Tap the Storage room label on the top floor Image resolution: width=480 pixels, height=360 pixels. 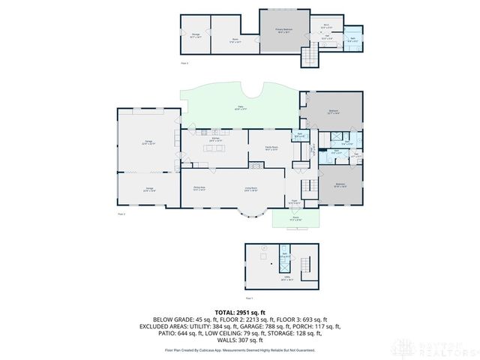pos(195,35)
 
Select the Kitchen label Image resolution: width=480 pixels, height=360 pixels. pos(214,140)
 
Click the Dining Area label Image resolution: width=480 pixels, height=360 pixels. pos(199,187)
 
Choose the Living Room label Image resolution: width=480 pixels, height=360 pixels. pos(250,187)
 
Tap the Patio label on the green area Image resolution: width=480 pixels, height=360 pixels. pos(241,109)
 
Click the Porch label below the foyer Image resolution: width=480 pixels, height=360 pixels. pos(295,220)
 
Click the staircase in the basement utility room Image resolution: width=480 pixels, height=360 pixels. pos(304,264)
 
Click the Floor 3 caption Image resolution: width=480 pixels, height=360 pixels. pos(184,63)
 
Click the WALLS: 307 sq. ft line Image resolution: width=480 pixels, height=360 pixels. pos(240,340)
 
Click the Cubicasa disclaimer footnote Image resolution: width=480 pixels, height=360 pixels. pos(240,350)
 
